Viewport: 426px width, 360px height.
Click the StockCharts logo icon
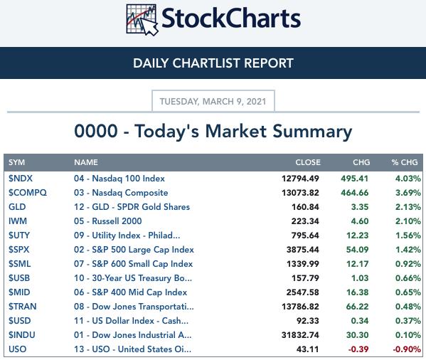point(142,20)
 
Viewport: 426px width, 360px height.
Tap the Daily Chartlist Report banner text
point(213,63)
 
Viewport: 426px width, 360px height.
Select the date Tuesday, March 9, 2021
point(213,101)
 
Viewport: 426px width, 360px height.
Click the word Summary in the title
point(312,132)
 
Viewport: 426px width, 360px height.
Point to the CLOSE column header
point(308,162)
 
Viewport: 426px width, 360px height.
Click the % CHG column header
point(405,162)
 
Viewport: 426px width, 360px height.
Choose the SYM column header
point(16,162)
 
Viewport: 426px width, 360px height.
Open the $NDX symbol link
point(21,179)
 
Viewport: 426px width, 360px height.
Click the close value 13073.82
point(300,193)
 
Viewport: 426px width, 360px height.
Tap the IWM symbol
point(18,221)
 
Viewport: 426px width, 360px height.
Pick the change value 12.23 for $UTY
point(357,235)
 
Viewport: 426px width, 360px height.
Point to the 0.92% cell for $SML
point(408,264)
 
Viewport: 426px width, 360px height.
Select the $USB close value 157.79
point(305,278)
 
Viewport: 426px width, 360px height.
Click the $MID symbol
point(19,292)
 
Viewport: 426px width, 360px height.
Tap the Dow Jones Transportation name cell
point(134,307)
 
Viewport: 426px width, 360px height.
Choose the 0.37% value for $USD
point(408,321)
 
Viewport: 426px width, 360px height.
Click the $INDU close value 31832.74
point(300,335)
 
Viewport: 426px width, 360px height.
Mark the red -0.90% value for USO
point(407,349)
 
